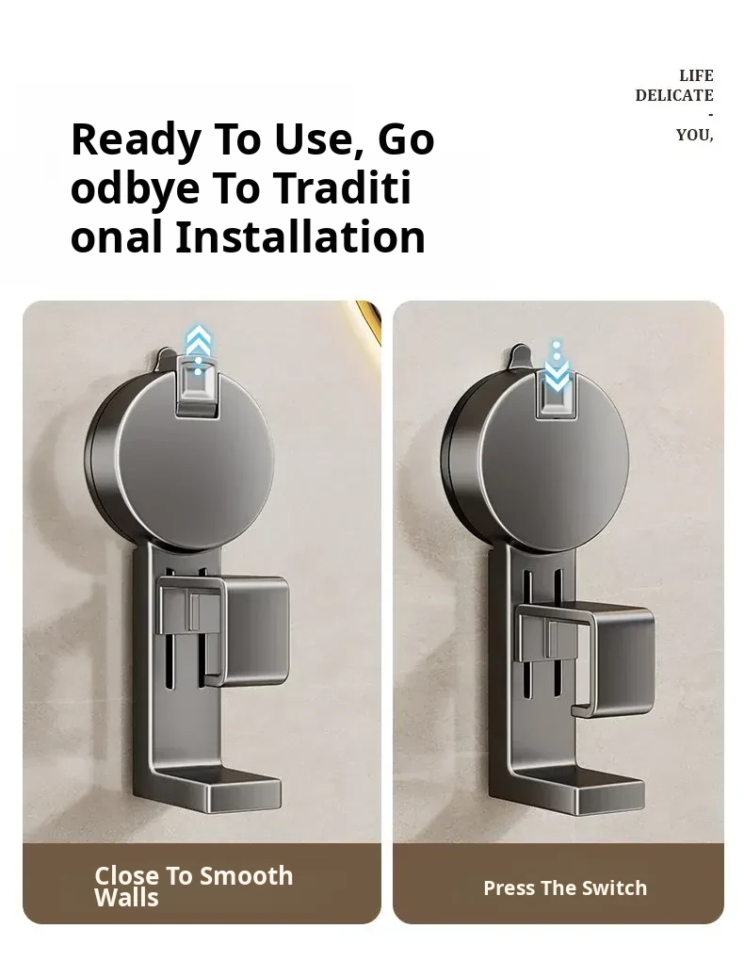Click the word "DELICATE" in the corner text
[674, 95]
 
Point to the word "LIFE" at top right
[696, 75]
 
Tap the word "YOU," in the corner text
[695, 135]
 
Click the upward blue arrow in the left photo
[198, 350]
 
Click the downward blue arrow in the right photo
[557, 366]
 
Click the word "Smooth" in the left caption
[247, 876]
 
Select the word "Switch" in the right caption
[614, 888]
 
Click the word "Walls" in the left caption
[126, 898]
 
